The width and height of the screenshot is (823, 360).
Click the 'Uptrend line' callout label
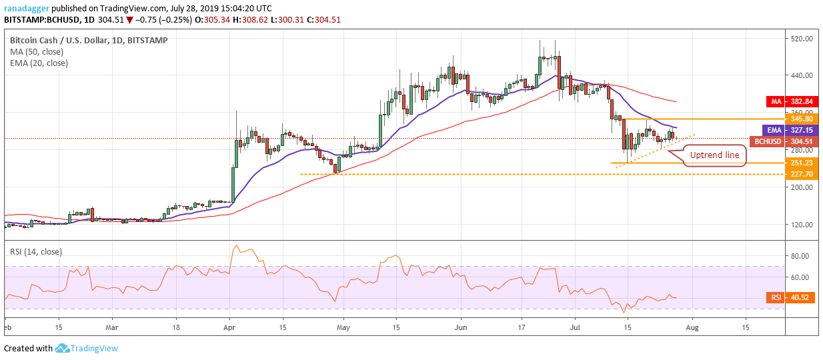click(x=714, y=155)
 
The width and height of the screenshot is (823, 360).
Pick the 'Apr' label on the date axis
click(x=229, y=328)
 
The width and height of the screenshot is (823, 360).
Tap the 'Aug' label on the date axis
click(x=692, y=328)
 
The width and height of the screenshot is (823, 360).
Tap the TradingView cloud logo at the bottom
click(x=63, y=348)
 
